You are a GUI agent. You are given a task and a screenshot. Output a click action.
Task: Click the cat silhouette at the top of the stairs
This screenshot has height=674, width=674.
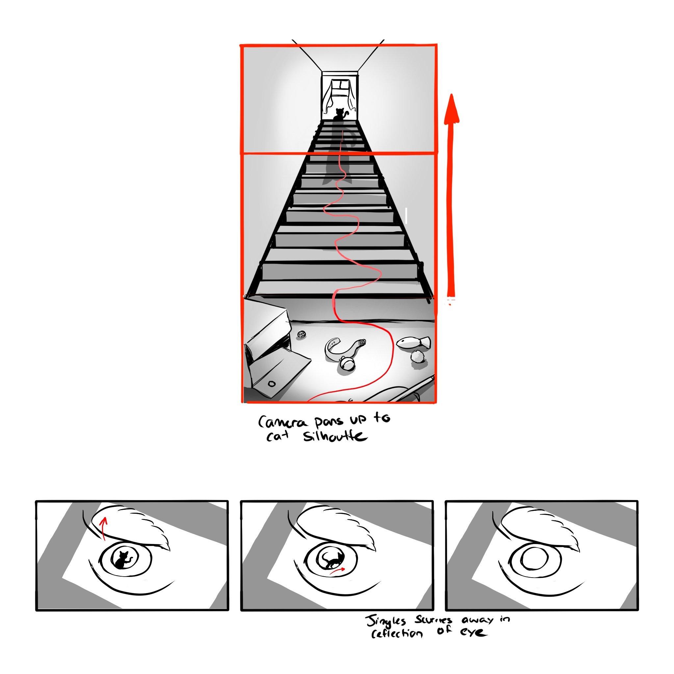pos(339,115)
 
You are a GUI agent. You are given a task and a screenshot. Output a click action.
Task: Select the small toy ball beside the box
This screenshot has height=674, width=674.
pos(301,335)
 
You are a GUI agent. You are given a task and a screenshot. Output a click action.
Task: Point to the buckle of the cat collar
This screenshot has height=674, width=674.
pos(362,343)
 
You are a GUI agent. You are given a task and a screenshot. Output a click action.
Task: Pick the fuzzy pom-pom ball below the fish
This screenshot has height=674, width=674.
pos(417,357)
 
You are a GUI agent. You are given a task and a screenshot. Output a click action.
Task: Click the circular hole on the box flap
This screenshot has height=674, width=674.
pos(272,384)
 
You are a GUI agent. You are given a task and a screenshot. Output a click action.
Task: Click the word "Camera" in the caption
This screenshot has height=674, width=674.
pos(283,423)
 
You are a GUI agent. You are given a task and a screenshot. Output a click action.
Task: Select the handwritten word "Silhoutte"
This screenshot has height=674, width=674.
pos(335,436)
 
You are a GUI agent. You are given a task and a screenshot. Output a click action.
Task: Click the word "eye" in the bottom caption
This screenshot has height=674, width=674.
pos(473,632)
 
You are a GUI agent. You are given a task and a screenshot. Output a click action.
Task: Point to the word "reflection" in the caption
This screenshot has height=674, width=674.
pos(397,633)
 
